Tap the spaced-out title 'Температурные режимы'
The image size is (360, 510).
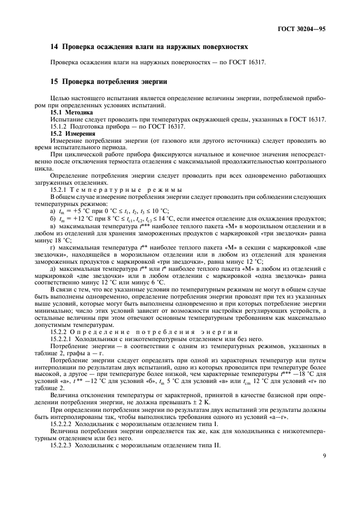131,189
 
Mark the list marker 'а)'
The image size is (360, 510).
53,210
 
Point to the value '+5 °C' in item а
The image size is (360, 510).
79,210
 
